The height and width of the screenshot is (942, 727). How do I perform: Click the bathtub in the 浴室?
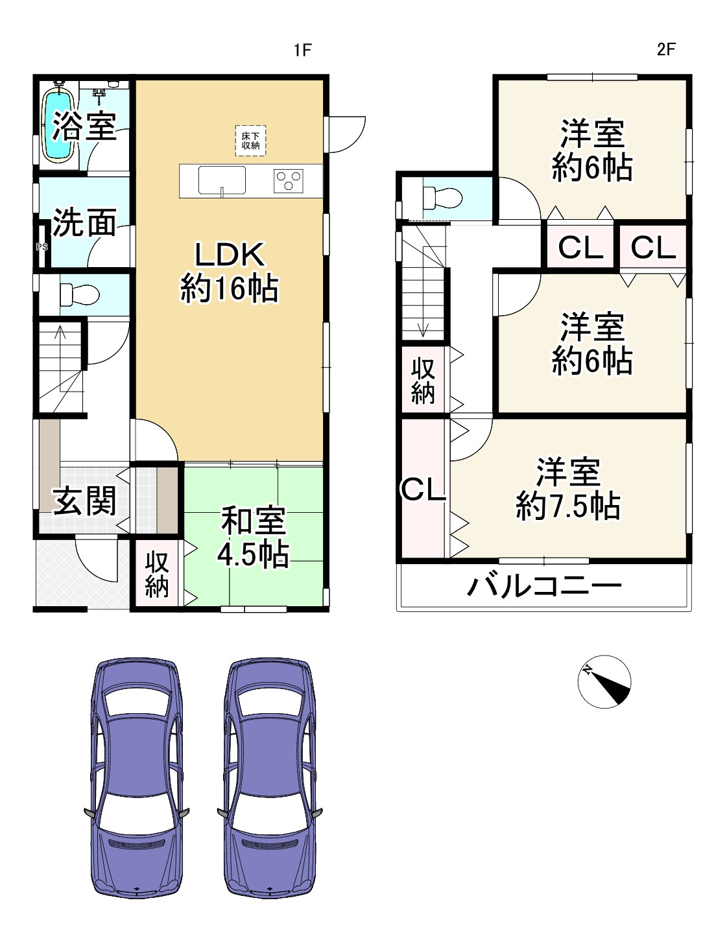pyautogui.click(x=58, y=124)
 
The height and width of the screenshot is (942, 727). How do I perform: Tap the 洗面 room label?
pyautogui.click(x=84, y=222)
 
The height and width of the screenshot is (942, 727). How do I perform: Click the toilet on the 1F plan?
pyautogui.click(x=78, y=295)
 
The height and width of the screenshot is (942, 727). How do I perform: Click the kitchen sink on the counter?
pyautogui.click(x=222, y=180)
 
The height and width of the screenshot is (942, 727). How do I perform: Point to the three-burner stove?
pyautogui.click(x=288, y=180)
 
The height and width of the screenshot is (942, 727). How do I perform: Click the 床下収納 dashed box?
pyautogui.click(x=250, y=141)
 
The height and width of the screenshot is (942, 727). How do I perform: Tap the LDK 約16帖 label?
pyautogui.click(x=230, y=272)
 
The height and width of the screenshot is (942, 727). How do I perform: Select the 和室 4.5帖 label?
pyautogui.click(x=253, y=537)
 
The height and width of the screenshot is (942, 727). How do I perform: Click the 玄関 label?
pyautogui.click(x=84, y=501)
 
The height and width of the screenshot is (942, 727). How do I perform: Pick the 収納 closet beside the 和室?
pyautogui.click(x=157, y=574)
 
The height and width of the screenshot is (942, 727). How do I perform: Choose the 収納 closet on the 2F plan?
pyautogui.click(x=423, y=381)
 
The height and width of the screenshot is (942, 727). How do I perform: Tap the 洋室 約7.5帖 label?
pyautogui.click(x=568, y=489)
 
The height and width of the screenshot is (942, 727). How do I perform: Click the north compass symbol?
pyautogui.click(x=604, y=681)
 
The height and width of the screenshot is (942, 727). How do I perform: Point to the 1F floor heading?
pyautogui.click(x=302, y=50)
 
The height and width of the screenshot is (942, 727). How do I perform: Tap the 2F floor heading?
pyautogui.click(x=666, y=49)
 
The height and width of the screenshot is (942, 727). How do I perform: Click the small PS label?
pyautogui.click(x=42, y=247)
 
